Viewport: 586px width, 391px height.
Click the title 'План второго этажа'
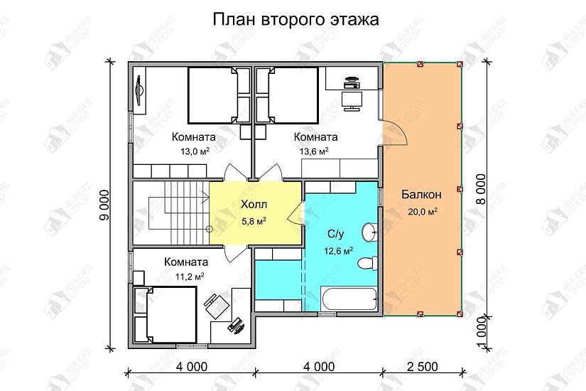pyautogui.click(x=295, y=20)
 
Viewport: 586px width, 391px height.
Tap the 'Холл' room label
pyautogui.click(x=254, y=205)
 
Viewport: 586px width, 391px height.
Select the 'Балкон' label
pyautogui.click(x=421, y=195)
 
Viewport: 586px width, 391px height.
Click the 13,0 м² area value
pyautogui.click(x=195, y=151)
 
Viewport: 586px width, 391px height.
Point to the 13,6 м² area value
pyautogui.click(x=314, y=151)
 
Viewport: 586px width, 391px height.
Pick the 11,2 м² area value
pyautogui.click(x=190, y=277)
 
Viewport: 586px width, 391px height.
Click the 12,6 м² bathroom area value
pyautogui.click(x=339, y=251)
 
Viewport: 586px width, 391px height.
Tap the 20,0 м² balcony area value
pyautogui.click(x=423, y=212)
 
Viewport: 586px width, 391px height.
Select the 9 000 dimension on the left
pyautogui.click(x=105, y=205)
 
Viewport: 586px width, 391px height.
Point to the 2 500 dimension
pyautogui.click(x=423, y=367)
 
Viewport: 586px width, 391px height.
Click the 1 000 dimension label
pyautogui.click(x=482, y=333)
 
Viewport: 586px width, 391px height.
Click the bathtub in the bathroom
pyautogui.click(x=349, y=299)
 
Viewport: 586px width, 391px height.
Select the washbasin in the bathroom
pyautogui.click(x=370, y=232)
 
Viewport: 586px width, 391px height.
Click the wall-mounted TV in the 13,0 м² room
pyautogui.click(x=140, y=90)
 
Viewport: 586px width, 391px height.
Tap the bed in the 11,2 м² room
pyautogui.click(x=166, y=315)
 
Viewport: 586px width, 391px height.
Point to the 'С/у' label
pyautogui.click(x=335, y=234)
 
